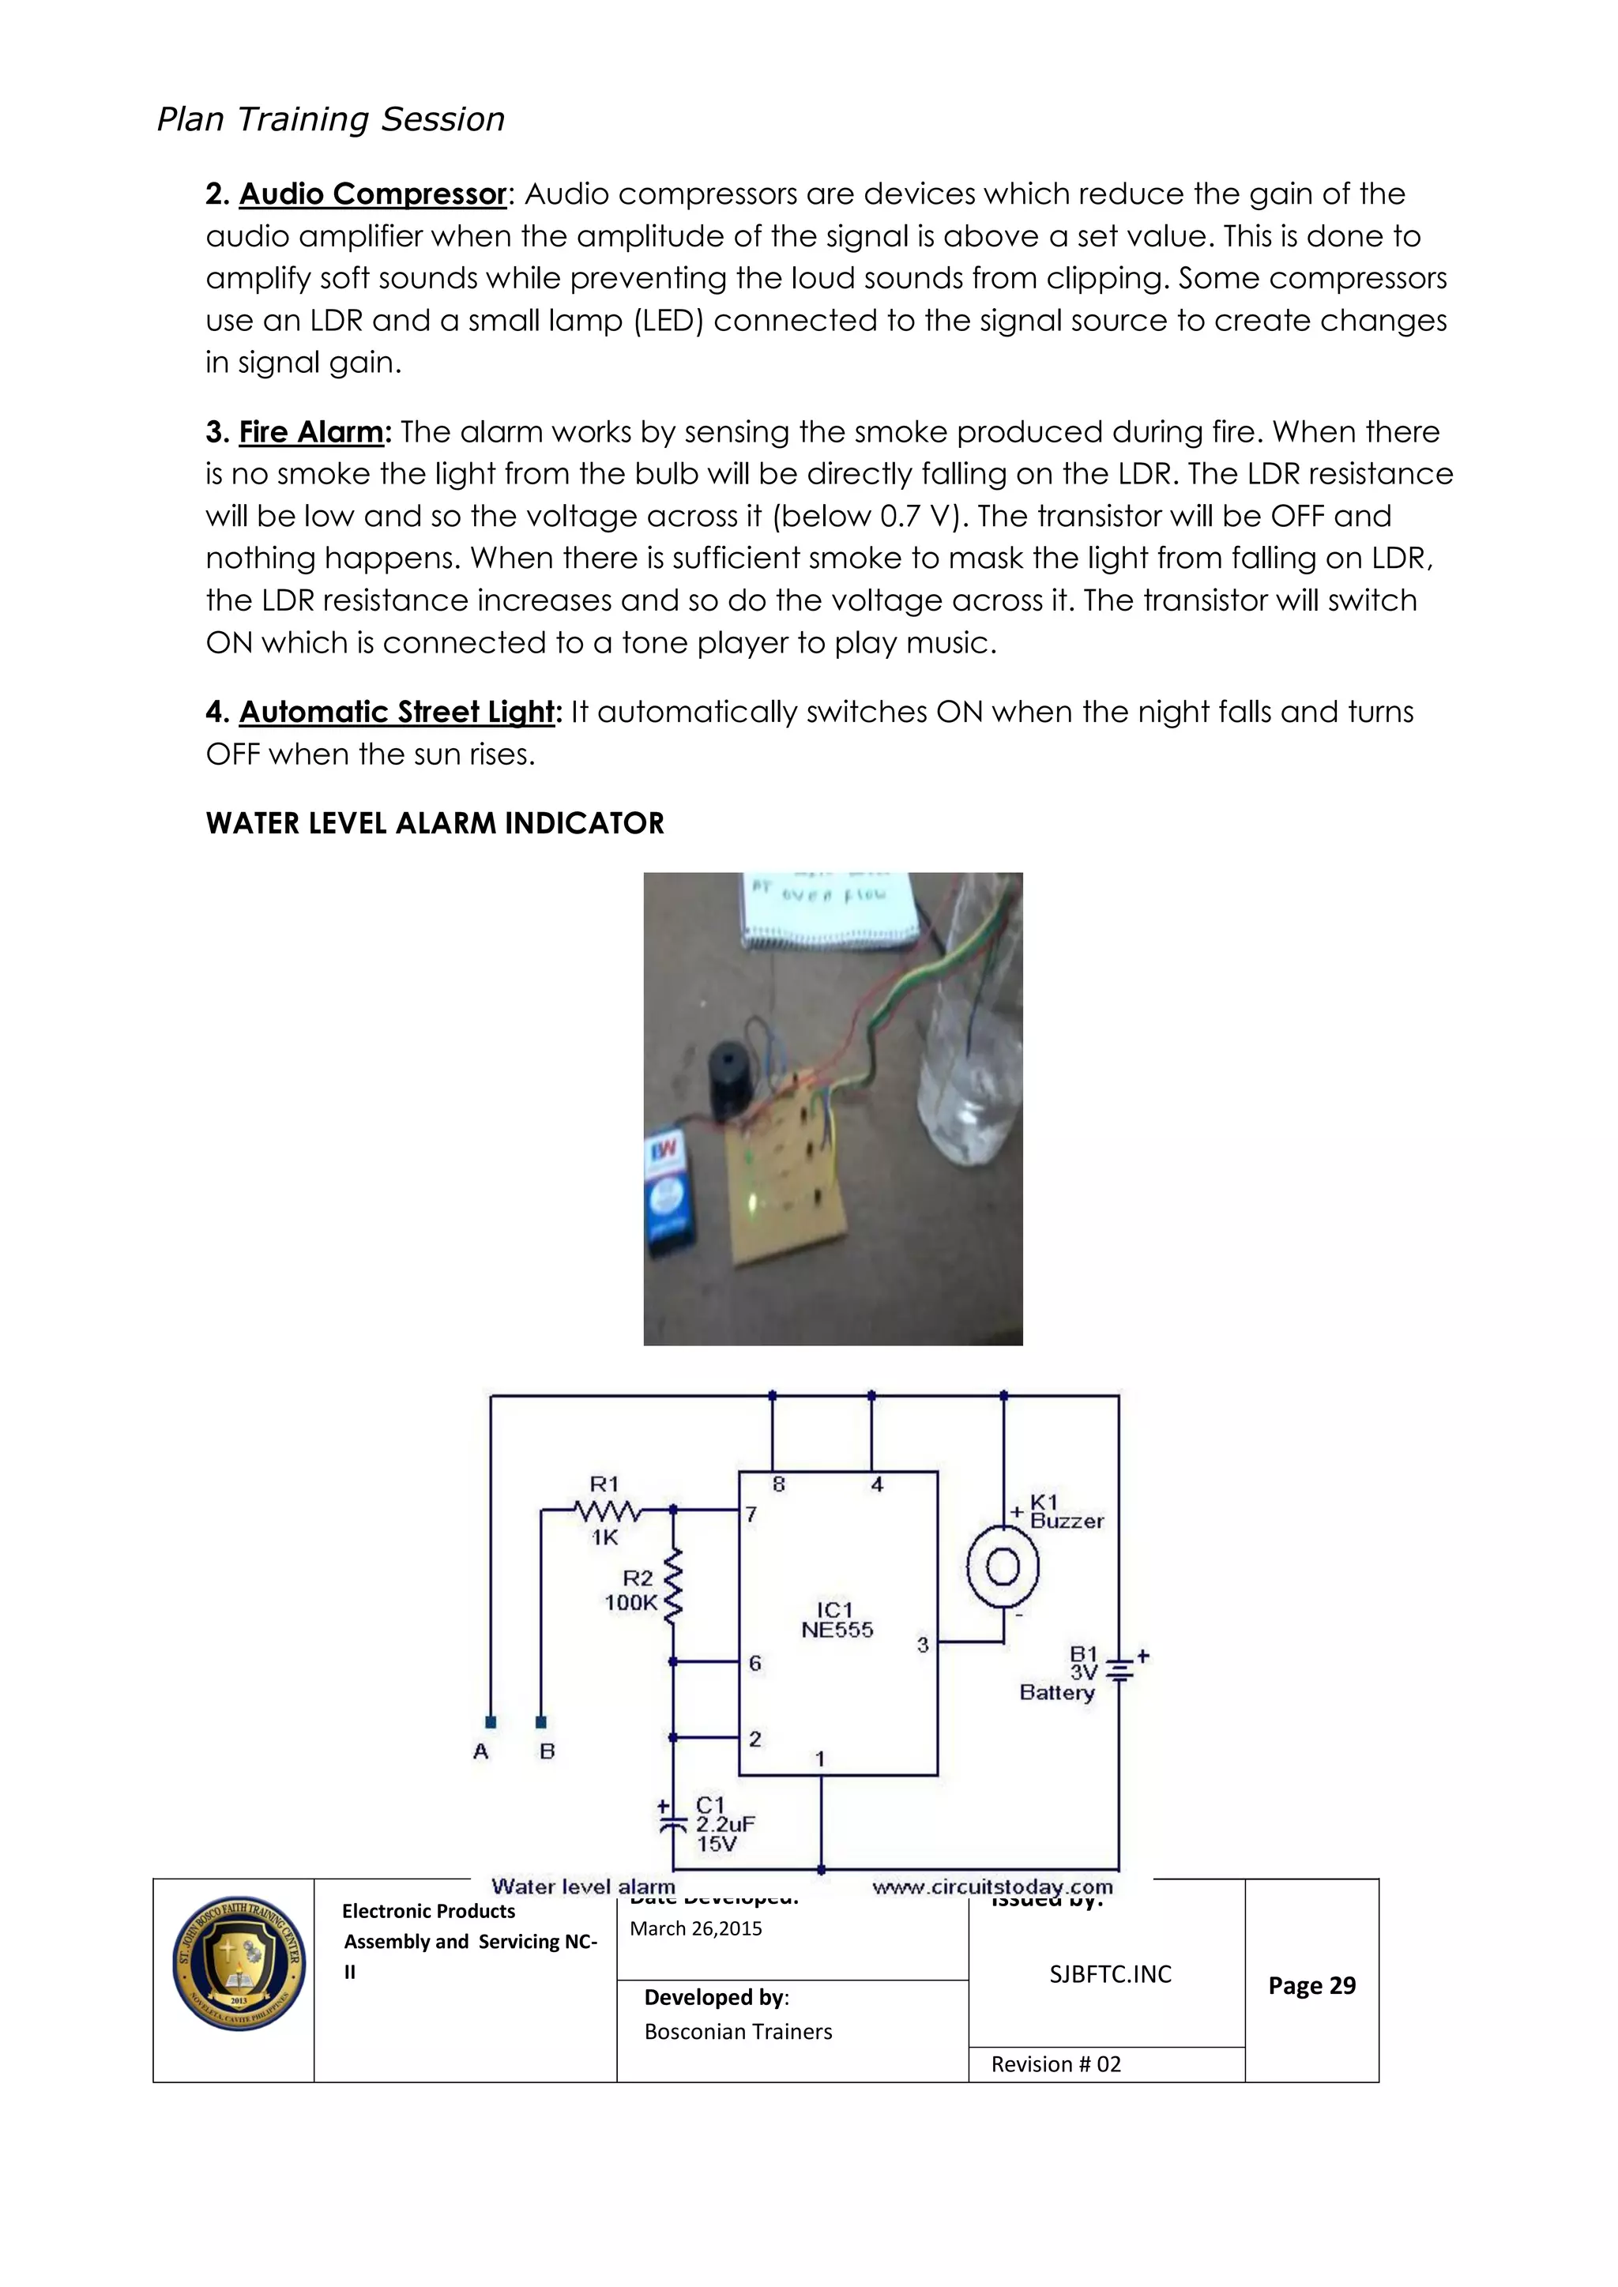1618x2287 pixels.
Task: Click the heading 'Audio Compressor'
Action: click(373, 194)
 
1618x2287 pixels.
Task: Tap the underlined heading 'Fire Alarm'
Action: click(310, 431)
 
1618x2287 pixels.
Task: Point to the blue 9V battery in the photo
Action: click(675, 1191)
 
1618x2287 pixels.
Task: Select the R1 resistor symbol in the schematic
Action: click(608, 1510)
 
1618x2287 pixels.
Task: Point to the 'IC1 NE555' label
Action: click(836, 1619)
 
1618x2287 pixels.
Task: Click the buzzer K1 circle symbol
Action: click(1003, 1568)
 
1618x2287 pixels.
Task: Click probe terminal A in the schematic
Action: click(490, 1722)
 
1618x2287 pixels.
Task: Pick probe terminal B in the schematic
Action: click(541, 1722)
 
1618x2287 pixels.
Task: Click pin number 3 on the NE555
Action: click(923, 1645)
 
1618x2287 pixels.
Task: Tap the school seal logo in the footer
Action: click(238, 1963)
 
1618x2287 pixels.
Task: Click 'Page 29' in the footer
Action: click(1311, 1985)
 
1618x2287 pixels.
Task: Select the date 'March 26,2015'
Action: click(695, 1928)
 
